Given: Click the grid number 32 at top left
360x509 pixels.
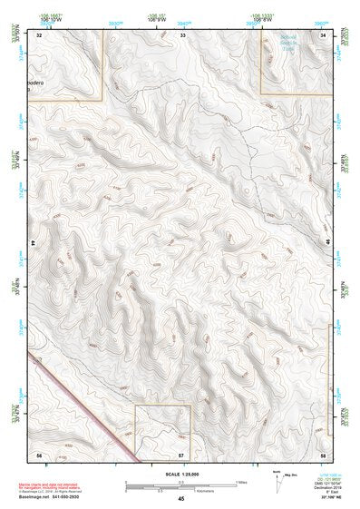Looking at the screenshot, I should tap(40, 35).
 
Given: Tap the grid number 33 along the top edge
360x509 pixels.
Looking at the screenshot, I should tap(182, 35).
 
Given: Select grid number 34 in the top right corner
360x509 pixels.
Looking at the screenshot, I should tap(324, 35).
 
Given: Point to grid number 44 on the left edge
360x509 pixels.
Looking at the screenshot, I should tap(33, 243).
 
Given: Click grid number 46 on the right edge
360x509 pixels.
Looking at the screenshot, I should tap(327, 243).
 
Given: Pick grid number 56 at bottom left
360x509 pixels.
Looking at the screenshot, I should tap(39, 454).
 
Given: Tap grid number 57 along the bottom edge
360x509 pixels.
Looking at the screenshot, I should tap(181, 454).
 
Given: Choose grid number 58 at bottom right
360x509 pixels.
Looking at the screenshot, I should tap(324, 454).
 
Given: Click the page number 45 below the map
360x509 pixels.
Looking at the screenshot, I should tap(181, 498).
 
